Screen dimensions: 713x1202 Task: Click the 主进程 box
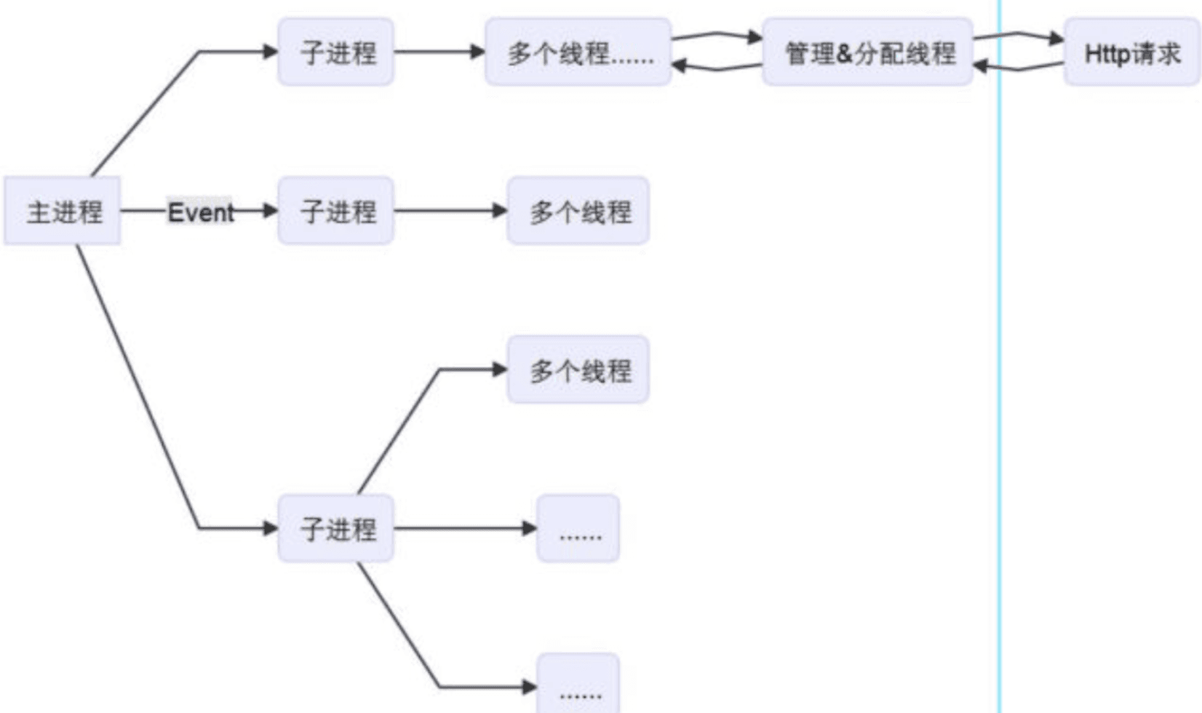pos(63,211)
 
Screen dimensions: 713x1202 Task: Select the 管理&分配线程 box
pos(867,52)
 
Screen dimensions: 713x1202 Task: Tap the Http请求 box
pos(1131,52)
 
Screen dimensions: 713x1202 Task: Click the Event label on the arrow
pos(200,212)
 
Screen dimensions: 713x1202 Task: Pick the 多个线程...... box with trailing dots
pos(578,52)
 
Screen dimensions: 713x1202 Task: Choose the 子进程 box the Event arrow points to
pos(336,211)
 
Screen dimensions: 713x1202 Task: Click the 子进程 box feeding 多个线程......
pos(336,52)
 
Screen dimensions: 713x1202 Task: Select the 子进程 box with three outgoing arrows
pos(336,528)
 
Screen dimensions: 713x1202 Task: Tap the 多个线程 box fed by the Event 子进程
pos(578,211)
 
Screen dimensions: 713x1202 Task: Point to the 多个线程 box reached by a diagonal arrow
pos(578,370)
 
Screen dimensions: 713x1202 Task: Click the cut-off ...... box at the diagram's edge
pos(578,688)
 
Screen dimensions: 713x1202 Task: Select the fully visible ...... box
pos(578,528)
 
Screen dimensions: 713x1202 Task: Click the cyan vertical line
pos(1000,364)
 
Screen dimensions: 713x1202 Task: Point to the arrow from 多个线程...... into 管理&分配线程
pos(717,34)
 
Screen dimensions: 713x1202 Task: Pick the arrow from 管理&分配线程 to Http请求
pos(1019,34)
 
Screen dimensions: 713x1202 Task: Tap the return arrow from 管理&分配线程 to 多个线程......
pos(717,68)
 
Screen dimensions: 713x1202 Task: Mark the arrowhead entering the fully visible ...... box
pos(530,528)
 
